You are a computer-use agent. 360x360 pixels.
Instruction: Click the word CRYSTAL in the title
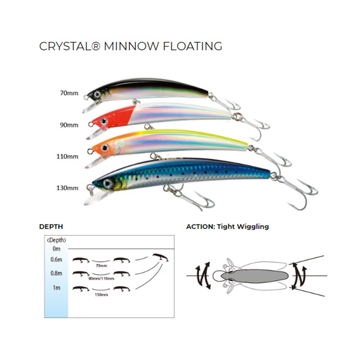pos(68,46)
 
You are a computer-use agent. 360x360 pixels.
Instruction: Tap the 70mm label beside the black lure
pos(69,94)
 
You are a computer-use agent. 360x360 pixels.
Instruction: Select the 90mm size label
pos(69,125)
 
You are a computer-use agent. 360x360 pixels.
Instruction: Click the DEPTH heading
pos(51,226)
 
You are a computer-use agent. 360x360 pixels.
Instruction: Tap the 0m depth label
pos(56,248)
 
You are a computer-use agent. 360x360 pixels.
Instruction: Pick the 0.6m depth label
pos(56,259)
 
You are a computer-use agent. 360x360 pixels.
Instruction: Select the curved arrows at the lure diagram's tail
pos(299,275)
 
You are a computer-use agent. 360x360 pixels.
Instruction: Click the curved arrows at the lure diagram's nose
pos(202,276)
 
